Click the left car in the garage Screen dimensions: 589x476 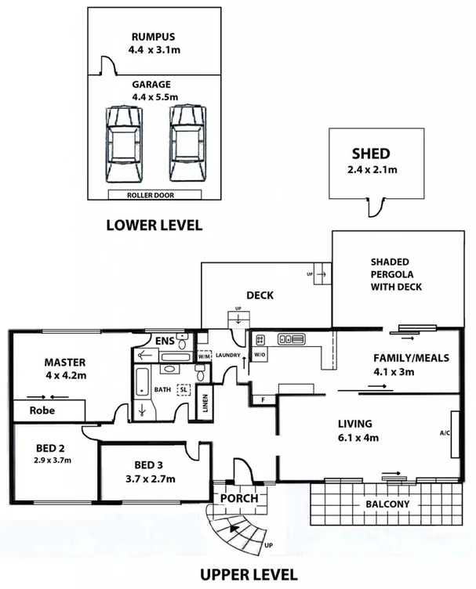click(124, 144)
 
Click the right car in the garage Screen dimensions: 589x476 click(187, 144)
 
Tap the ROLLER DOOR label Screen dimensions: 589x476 click(155, 194)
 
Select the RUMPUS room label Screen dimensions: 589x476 click(154, 36)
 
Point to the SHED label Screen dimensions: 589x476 click(371, 154)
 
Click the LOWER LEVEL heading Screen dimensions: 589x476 click(154, 226)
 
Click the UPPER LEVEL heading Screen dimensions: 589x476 click(249, 574)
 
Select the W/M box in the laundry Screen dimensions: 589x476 click(203, 356)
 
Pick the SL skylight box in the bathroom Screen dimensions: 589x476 click(183, 389)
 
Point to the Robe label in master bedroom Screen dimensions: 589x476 click(42, 409)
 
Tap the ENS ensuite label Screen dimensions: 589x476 click(165, 341)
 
